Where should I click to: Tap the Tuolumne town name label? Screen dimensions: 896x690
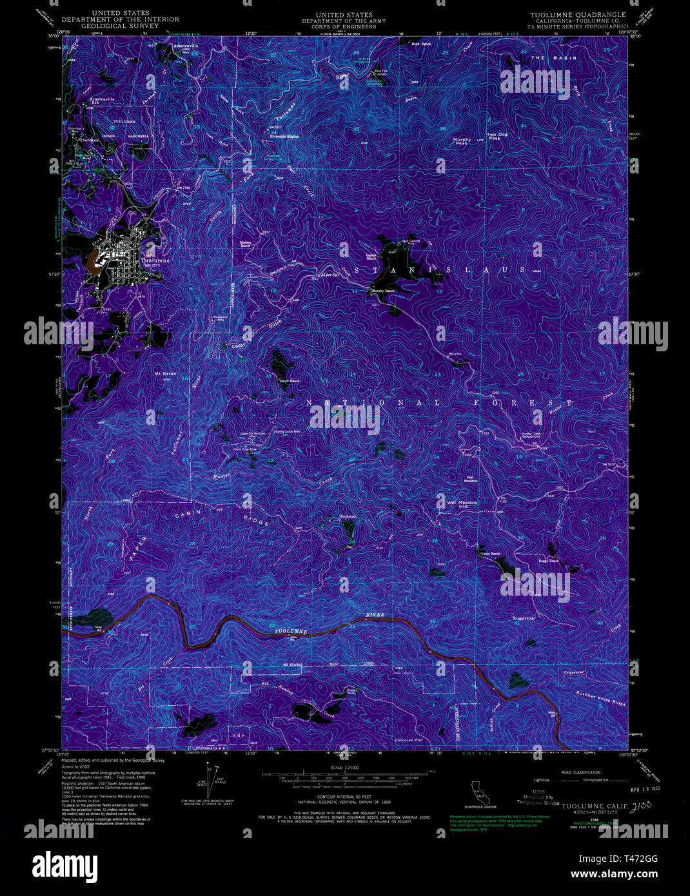pos(155,260)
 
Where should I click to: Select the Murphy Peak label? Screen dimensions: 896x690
pos(462,141)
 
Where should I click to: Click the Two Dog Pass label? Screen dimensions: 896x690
pos(497,136)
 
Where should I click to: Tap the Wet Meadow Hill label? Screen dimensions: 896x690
pos(458,505)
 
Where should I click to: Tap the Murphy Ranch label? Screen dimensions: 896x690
pos(382,291)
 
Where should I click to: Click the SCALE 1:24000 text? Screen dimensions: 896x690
pos(344,767)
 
